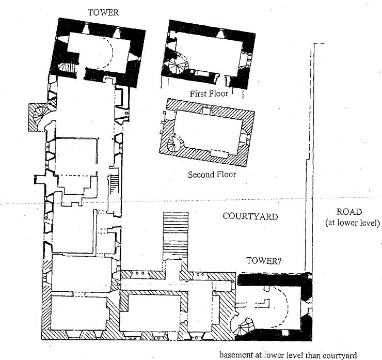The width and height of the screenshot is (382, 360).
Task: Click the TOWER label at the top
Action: click(x=103, y=13)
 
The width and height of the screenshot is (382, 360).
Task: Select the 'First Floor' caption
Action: click(x=209, y=93)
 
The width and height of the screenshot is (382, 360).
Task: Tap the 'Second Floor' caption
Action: click(x=212, y=175)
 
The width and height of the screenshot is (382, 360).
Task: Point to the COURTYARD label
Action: click(x=250, y=216)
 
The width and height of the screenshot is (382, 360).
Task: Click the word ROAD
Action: click(x=349, y=211)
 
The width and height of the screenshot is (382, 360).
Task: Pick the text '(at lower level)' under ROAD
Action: click(x=353, y=223)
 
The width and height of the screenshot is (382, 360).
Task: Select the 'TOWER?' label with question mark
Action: click(x=263, y=261)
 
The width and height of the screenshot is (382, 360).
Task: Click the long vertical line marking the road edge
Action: click(x=309, y=155)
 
